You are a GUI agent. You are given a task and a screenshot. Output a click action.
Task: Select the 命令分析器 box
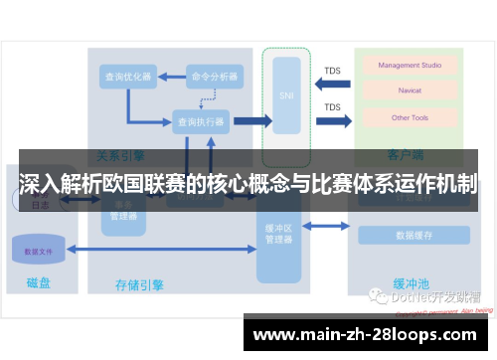[215, 76]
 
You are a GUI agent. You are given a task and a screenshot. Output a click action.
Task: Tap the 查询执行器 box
[199, 122]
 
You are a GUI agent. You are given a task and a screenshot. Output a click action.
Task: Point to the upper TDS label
[332, 71]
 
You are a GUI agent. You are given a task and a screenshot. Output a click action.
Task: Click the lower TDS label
[332, 107]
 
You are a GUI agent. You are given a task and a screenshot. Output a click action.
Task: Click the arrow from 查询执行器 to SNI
[250, 122]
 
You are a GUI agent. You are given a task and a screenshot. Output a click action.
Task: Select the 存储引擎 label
[139, 285]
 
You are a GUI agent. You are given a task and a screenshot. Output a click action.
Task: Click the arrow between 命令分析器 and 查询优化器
[171, 76]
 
